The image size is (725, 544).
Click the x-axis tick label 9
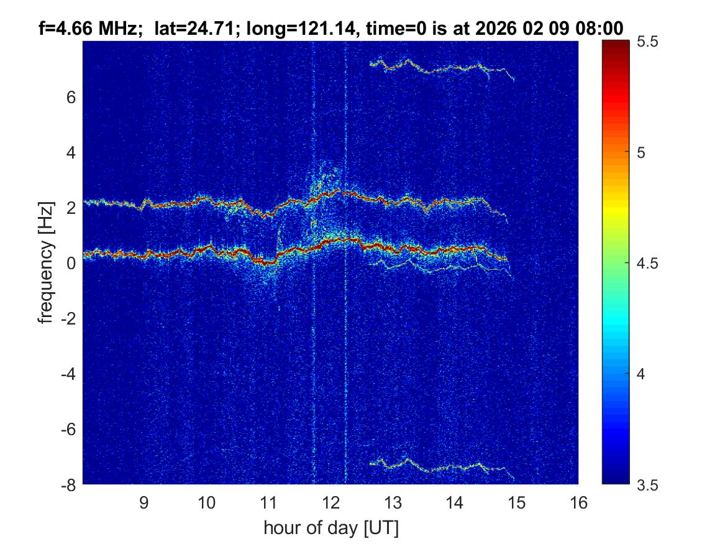tap(144, 503)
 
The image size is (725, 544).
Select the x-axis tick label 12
tap(331, 503)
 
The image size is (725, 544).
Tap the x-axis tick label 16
tap(578, 503)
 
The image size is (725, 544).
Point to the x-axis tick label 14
tap(455, 503)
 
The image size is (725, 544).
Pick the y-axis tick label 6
tap(72, 97)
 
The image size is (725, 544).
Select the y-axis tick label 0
tap(72, 263)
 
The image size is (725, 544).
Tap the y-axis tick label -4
tap(68, 374)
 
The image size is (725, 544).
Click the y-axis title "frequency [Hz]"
tap(45, 263)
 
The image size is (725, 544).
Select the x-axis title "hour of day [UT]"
tap(331, 528)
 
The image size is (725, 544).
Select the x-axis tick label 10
tap(206, 503)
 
